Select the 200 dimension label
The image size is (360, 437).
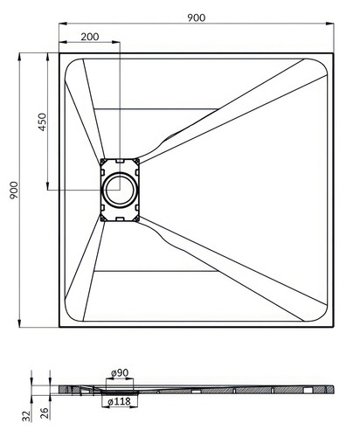click(89, 37)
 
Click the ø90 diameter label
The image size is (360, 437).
click(120, 374)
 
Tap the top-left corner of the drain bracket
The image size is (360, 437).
click(102, 161)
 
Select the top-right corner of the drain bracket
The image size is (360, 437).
click(137, 161)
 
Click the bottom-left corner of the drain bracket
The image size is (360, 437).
click(102, 218)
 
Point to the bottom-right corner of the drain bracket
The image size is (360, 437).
click(137, 218)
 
